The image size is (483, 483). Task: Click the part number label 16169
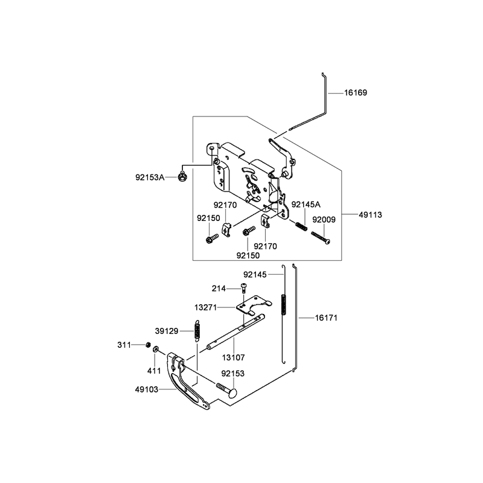point(356,93)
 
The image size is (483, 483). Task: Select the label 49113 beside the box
point(370,215)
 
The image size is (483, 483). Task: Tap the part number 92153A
point(150,178)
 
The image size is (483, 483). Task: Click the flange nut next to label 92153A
point(182,177)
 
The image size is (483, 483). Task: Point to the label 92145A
point(306,204)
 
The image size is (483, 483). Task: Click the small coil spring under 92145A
point(301,226)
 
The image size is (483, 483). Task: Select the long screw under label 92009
point(321,237)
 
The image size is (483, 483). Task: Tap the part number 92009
point(324,220)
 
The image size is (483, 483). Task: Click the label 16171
point(326,318)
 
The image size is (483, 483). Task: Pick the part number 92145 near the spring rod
point(255,275)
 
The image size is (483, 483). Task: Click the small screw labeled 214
point(244,288)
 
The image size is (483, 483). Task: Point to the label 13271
point(206,307)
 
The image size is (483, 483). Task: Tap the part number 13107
point(234,357)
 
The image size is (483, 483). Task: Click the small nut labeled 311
point(148,344)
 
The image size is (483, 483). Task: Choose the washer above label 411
point(156,349)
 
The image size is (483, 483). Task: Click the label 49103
point(147,389)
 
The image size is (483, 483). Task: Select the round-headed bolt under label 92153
point(228,390)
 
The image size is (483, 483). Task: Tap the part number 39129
point(167,331)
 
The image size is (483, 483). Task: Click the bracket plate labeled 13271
point(253,305)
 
